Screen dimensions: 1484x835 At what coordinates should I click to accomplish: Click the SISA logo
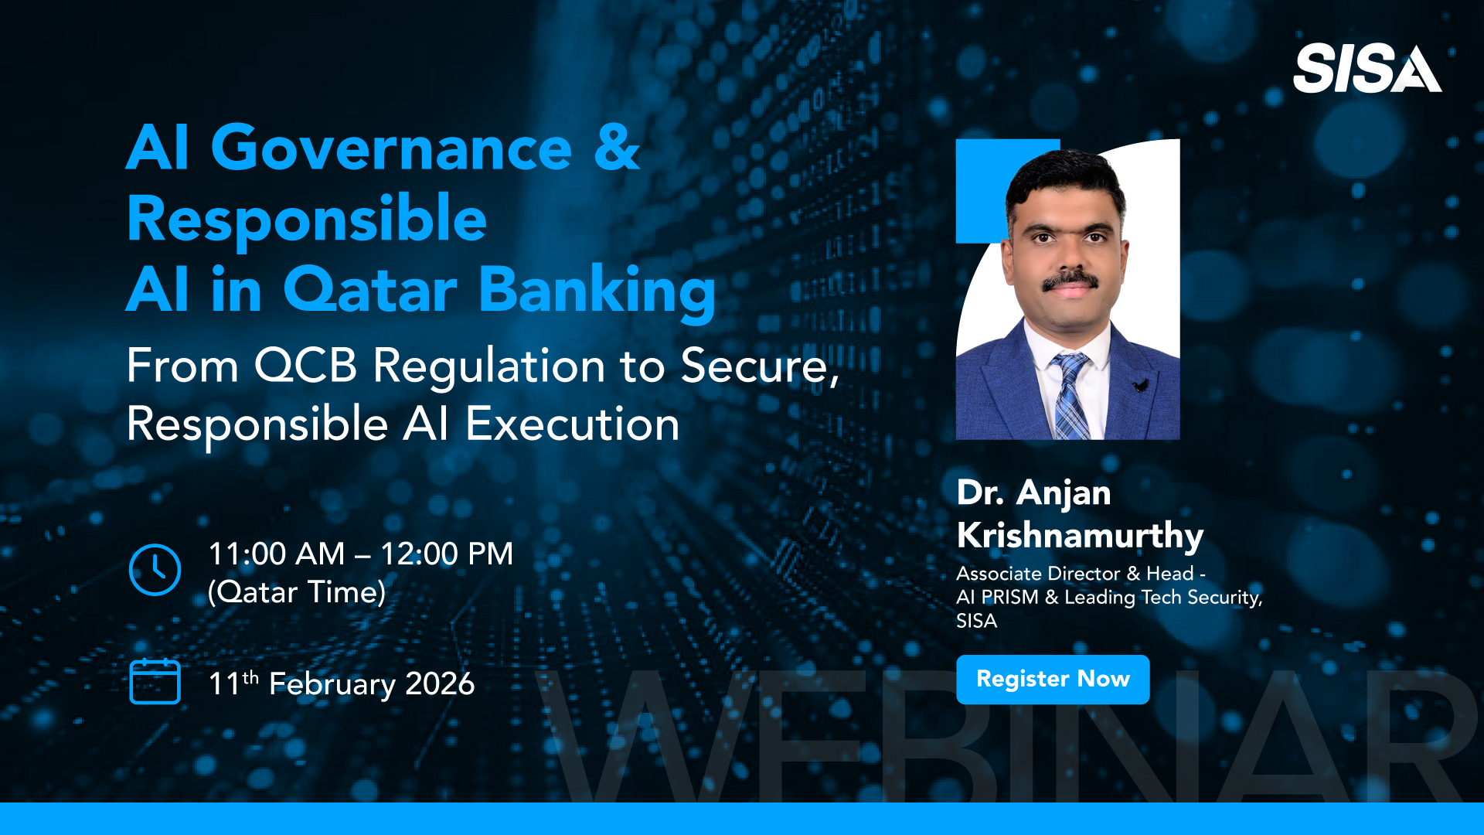pyautogui.click(x=1367, y=69)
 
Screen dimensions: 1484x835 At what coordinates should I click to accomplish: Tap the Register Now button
pyautogui.click(x=1053, y=680)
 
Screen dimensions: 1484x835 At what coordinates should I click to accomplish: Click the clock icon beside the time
pyautogui.click(x=155, y=570)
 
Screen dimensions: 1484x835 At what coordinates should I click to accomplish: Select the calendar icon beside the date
pyautogui.click(x=155, y=681)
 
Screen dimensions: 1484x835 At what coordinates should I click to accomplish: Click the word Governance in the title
pyautogui.click(x=391, y=148)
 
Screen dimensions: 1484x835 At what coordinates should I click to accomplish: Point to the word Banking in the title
pyautogui.click(x=597, y=291)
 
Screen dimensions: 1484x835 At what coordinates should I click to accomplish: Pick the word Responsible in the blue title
pyautogui.click(x=307, y=220)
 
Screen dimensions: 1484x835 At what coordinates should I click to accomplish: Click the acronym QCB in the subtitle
pyautogui.click(x=305, y=366)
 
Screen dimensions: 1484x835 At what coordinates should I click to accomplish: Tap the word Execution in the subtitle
pyautogui.click(x=573, y=424)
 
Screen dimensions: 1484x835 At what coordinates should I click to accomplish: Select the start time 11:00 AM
pyautogui.click(x=277, y=554)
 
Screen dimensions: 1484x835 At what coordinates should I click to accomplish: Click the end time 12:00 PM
pyautogui.click(x=447, y=554)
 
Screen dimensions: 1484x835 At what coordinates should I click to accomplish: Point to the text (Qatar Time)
pyautogui.click(x=297, y=593)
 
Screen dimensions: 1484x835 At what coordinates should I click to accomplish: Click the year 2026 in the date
pyautogui.click(x=440, y=684)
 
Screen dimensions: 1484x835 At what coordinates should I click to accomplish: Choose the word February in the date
pyautogui.click(x=332, y=685)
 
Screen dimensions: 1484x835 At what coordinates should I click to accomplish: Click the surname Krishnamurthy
pyautogui.click(x=1080, y=536)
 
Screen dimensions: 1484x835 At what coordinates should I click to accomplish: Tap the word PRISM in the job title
pyautogui.click(x=1010, y=598)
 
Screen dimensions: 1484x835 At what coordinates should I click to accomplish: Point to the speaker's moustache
pyautogui.click(x=1070, y=280)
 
